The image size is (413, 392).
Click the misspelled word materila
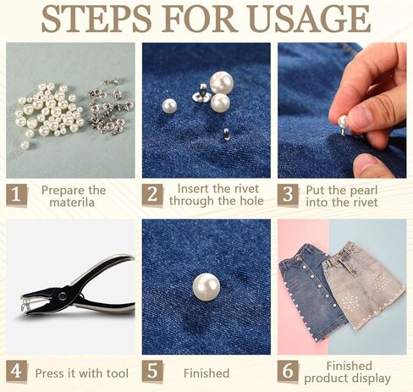[x=73, y=202]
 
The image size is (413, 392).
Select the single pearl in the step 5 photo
[x=206, y=286]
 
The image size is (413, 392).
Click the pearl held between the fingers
[x=344, y=122]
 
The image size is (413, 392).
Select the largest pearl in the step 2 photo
[x=222, y=82]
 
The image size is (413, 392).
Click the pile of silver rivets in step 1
[x=111, y=106]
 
